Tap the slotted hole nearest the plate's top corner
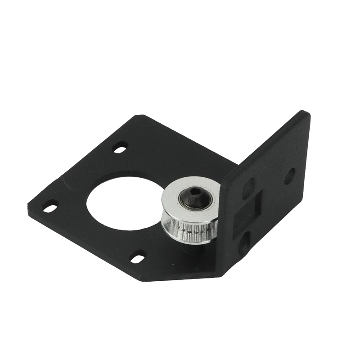pos(121,147)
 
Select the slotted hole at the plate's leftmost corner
pos(50,207)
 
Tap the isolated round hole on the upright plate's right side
pos(289,175)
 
